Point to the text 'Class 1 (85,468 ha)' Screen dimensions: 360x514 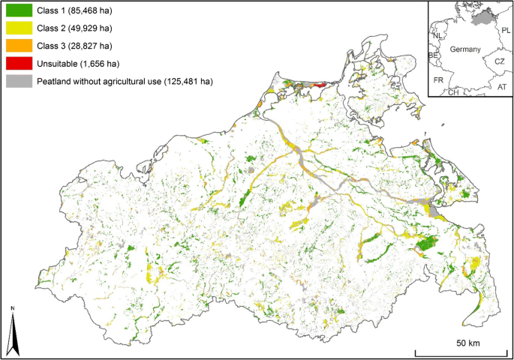click(74, 11)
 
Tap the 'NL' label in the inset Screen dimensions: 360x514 click(437, 34)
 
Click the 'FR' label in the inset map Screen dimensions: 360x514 click(437, 78)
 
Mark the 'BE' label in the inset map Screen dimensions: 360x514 click(433, 55)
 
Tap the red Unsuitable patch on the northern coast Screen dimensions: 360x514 click(318, 85)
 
